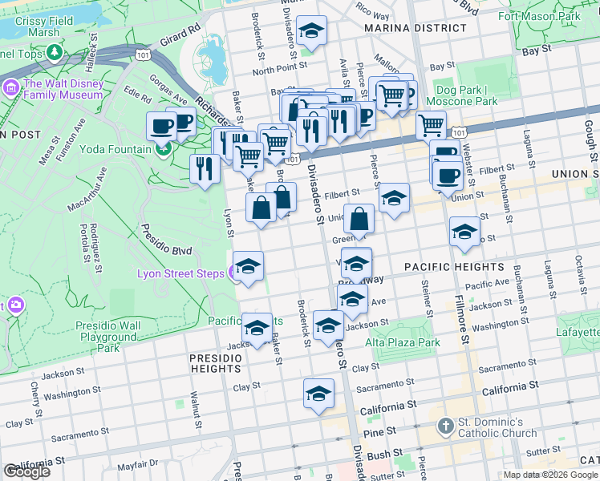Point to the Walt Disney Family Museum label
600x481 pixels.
(64, 89)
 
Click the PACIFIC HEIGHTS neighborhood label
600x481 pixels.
(455, 267)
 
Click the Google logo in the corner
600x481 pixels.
(26, 471)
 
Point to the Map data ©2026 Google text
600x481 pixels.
(550, 475)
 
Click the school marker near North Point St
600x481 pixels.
(310, 31)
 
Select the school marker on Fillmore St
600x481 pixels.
(464, 232)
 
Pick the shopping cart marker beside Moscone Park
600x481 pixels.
(431, 125)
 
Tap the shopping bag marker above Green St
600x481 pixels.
(359, 219)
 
